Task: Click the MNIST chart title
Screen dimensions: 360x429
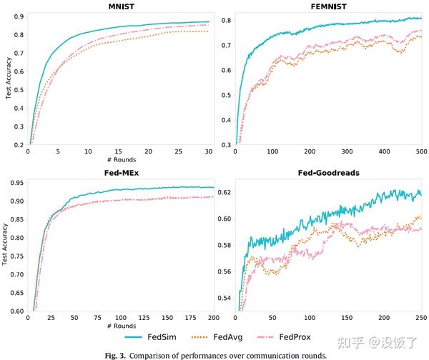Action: click(118, 8)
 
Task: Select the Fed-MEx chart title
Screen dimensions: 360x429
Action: click(118, 174)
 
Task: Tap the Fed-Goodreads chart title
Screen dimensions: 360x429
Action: click(328, 174)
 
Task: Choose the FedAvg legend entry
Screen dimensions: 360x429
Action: click(228, 336)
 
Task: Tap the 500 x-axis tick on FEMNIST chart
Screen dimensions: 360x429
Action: click(421, 151)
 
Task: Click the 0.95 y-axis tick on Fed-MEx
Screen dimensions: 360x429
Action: click(15, 183)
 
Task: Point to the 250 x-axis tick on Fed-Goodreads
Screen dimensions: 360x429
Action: click(421, 317)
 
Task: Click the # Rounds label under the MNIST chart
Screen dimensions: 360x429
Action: click(118, 159)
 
